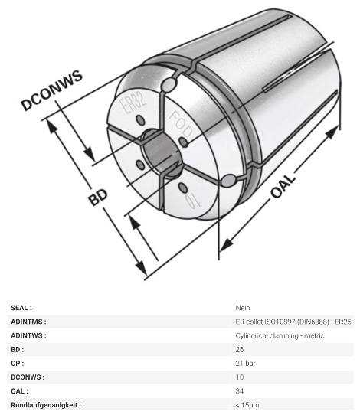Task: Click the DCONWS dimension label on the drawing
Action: [x=52, y=90]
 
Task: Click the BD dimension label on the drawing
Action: [x=98, y=198]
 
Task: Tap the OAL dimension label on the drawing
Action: [x=283, y=186]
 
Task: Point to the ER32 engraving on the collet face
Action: [x=133, y=104]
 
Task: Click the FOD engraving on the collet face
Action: [x=181, y=124]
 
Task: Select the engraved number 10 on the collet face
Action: [x=193, y=201]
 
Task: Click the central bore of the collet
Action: [x=160, y=152]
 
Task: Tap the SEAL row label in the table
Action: [x=21, y=308]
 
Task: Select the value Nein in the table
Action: [x=243, y=308]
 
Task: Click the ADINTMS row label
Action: [x=28, y=322]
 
